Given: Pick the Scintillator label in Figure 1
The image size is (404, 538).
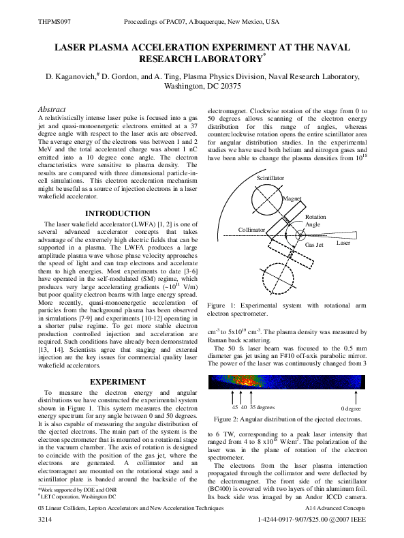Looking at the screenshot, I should [270, 177].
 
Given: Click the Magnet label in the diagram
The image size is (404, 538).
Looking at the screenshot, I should [292, 198].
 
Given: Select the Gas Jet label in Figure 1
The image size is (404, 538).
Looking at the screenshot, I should [314, 244].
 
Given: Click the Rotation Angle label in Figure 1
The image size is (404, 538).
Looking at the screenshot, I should [315, 220].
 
